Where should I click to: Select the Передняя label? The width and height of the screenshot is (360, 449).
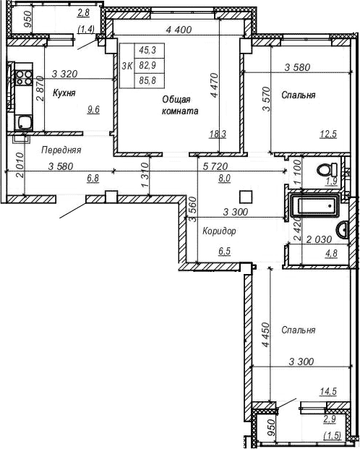click(x=60, y=150)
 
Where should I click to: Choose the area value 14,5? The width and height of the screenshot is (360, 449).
click(x=329, y=392)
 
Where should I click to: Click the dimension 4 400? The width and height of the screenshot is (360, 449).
click(x=179, y=30)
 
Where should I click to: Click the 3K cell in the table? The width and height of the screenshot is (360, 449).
click(x=127, y=66)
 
